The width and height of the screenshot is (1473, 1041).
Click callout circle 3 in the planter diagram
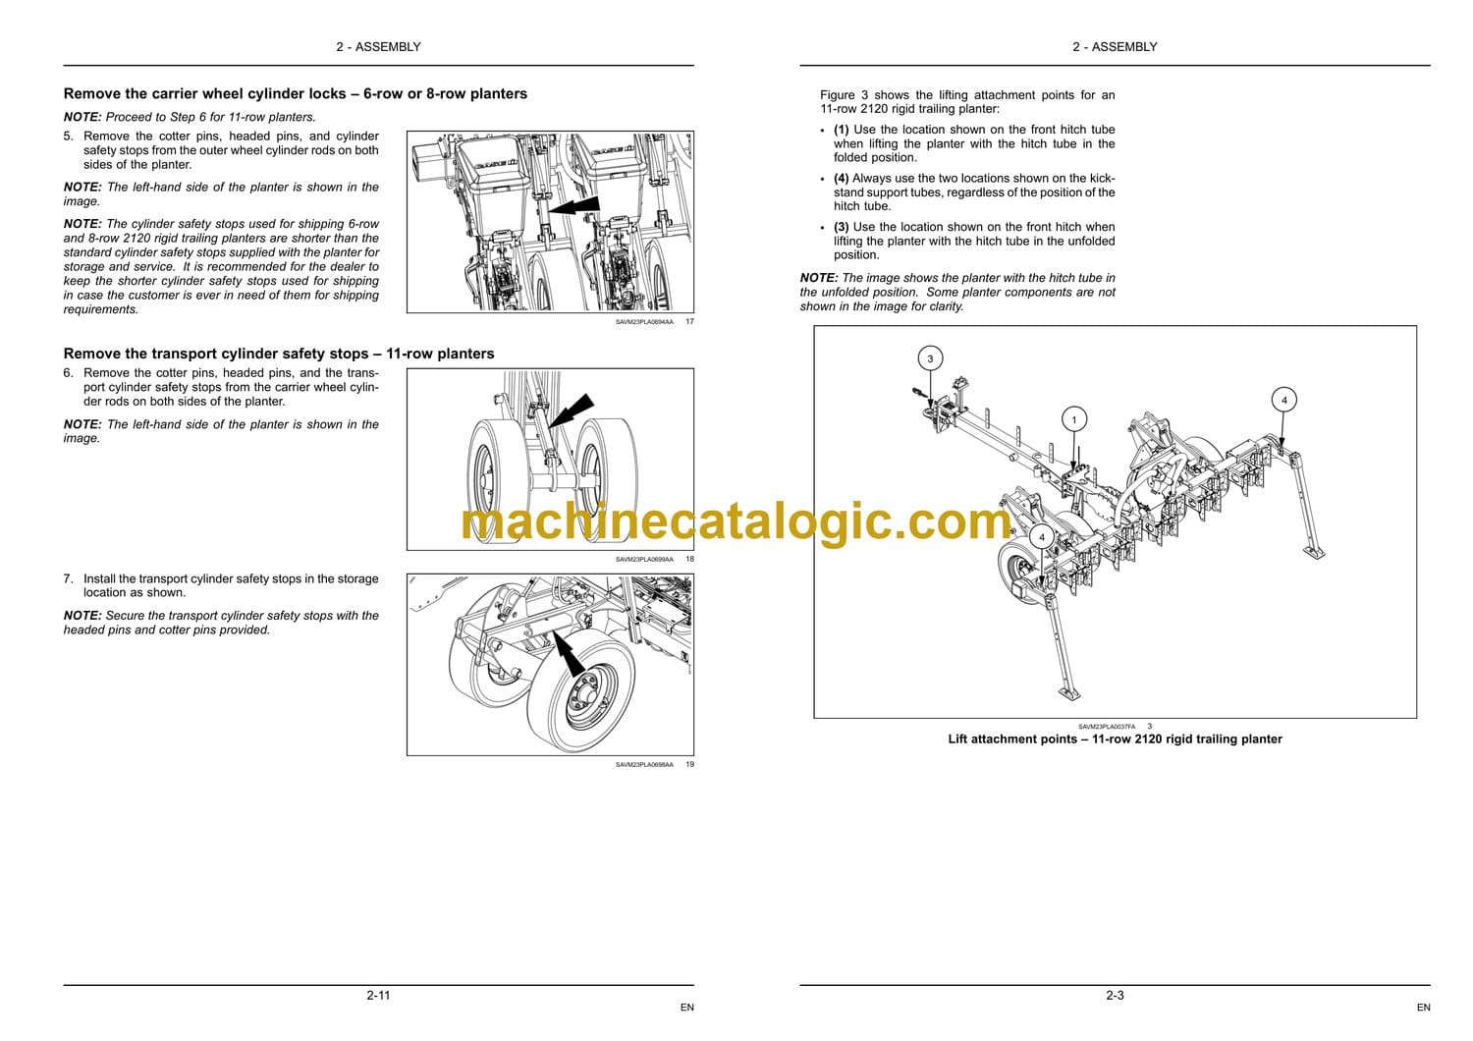click(x=930, y=358)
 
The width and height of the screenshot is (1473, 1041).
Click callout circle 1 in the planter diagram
click(x=1074, y=419)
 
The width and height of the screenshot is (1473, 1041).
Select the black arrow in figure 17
click(x=573, y=205)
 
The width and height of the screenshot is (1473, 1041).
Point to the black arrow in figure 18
click(x=571, y=411)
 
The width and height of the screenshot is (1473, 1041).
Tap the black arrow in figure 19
click(x=569, y=654)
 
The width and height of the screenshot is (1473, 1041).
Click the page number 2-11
click(x=378, y=995)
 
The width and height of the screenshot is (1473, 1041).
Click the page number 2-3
click(x=1115, y=995)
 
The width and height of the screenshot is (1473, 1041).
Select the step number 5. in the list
click(x=69, y=137)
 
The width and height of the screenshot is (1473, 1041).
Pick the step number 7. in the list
click(x=69, y=578)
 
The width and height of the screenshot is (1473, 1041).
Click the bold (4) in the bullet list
click(x=841, y=178)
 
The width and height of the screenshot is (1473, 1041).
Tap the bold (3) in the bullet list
click(x=841, y=227)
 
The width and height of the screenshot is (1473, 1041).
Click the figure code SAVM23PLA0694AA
click(x=644, y=322)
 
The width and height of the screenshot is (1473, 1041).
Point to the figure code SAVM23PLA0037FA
click(x=1107, y=727)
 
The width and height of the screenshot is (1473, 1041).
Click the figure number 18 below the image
click(x=689, y=559)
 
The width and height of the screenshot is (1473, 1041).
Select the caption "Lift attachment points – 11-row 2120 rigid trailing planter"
click(x=1115, y=740)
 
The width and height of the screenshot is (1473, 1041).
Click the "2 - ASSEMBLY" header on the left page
click(x=378, y=47)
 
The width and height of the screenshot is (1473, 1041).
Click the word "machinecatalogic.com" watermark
click(x=736, y=522)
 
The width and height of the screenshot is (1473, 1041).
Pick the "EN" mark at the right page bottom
click(x=1423, y=1008)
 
